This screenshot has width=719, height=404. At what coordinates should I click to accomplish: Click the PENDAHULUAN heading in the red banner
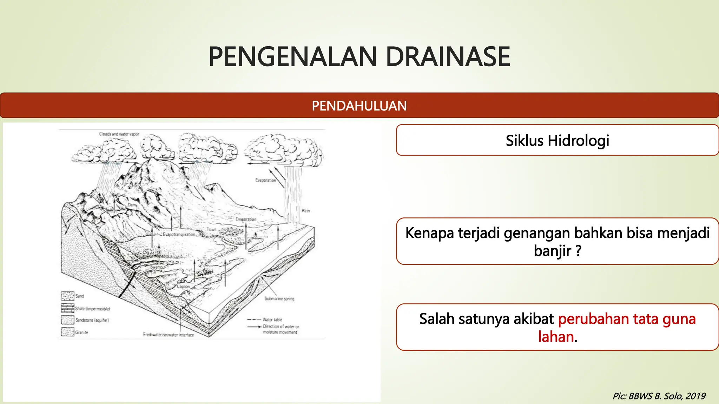359,106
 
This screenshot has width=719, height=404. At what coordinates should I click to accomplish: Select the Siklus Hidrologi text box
557,140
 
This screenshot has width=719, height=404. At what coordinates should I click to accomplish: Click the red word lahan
556,337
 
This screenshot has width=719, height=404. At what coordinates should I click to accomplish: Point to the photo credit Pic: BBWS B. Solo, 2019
659,396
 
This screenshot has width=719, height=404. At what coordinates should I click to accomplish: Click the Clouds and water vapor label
119,134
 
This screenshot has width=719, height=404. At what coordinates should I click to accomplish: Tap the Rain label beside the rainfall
306,211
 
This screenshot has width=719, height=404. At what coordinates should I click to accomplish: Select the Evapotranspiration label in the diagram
179,234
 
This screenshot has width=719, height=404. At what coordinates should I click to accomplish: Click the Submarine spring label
279,299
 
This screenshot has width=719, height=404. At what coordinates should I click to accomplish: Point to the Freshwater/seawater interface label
168,335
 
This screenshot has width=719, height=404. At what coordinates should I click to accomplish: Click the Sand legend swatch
67,296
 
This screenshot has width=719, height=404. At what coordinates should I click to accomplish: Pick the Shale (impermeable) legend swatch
67,308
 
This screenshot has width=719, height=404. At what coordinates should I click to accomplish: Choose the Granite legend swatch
67,332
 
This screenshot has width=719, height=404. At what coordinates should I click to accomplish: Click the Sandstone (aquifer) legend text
92,320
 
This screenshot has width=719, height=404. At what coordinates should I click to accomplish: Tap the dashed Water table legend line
253,319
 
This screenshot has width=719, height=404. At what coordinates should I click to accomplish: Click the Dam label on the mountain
132,205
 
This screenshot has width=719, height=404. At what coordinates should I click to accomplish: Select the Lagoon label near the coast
183,287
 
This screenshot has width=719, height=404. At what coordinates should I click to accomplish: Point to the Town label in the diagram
211,229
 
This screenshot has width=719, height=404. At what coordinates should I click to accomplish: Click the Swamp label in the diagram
157,267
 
